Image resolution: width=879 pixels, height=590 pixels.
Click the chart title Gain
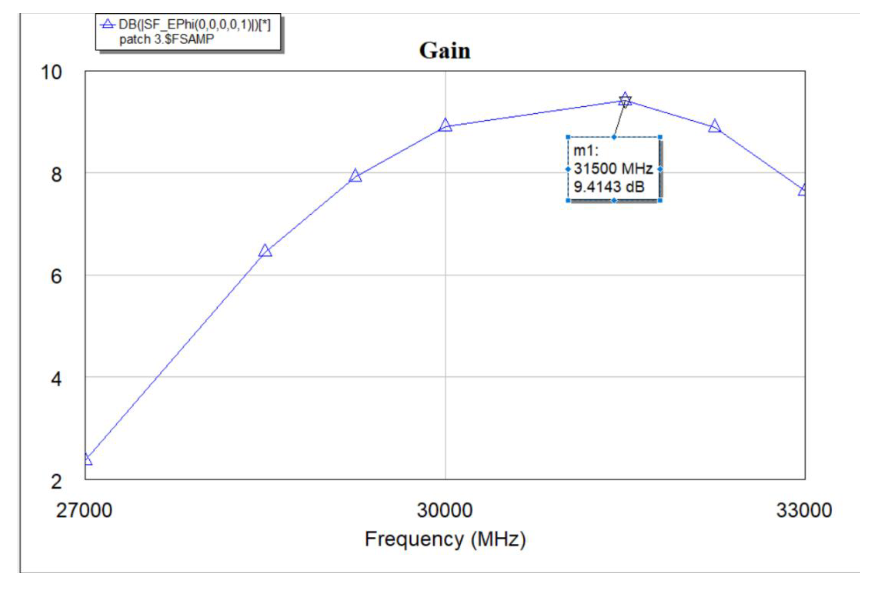(445, 51)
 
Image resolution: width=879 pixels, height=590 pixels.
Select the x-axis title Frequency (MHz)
(445, 539)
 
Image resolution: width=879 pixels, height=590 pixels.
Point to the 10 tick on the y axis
(51, 72)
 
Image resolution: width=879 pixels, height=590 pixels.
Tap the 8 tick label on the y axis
(56, 174)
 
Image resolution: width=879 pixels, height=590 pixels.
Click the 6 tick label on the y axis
(56, 277)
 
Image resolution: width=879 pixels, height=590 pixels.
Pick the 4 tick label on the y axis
(56, 379)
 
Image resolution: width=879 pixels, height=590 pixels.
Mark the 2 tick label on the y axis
(56, 481)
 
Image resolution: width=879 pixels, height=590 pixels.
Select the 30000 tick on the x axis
(445, 511)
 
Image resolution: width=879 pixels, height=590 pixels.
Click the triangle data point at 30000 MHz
(445, 125)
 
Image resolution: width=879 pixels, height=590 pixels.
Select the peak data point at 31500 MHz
(625, 100)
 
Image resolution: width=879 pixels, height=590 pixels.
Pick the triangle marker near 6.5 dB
(265, 251)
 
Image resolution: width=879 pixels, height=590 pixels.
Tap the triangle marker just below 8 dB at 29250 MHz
(355, 176)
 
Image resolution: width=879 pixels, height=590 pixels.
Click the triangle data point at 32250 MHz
(714, 126)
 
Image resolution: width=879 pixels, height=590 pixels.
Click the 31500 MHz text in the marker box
(613, 169)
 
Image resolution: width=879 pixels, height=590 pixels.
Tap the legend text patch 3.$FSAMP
(166, 39)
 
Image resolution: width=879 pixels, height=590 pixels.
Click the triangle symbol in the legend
(107, 24)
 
